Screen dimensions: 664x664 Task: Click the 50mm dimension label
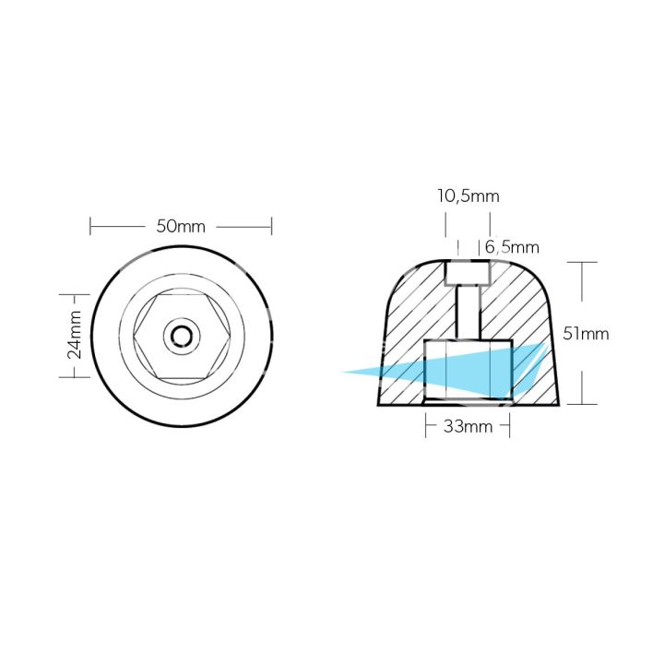tap(181, 226)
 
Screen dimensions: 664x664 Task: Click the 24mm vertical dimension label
tap(75, 336)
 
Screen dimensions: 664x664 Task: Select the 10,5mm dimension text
tap(468, 196)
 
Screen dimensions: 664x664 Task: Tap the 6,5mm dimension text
tap(511, 247)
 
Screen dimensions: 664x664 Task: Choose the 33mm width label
tap(467, 427)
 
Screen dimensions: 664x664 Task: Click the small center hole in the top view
tap(182, 336)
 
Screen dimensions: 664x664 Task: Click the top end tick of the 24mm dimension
tap(75, 295)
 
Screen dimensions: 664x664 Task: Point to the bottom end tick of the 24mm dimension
tap(75, 376)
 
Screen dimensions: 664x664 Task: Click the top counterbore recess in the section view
tap(468, 273)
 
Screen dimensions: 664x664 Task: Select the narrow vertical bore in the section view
tap(468, 314)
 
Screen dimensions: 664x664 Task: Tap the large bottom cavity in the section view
tap(467, 369)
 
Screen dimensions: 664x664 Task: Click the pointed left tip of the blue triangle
tap(344, 373)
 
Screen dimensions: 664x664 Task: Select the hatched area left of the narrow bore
tap(415, 304)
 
